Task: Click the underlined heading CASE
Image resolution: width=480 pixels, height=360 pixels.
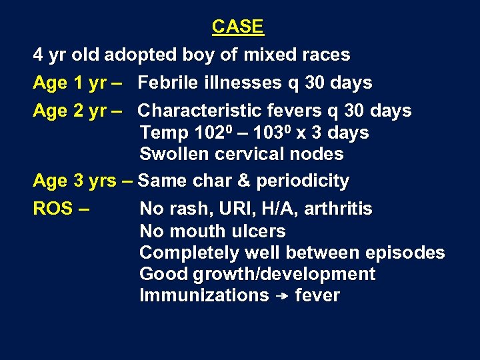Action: pos(238,27)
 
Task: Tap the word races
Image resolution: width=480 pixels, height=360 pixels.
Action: pos(325,55)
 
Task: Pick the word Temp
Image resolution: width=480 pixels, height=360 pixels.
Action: pos(163,133)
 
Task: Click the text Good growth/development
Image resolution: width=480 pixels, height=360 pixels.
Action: pos(257,274)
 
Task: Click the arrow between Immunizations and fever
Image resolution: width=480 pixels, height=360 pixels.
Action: pos(281,296)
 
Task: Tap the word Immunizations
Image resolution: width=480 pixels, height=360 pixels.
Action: pos(204,295)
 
